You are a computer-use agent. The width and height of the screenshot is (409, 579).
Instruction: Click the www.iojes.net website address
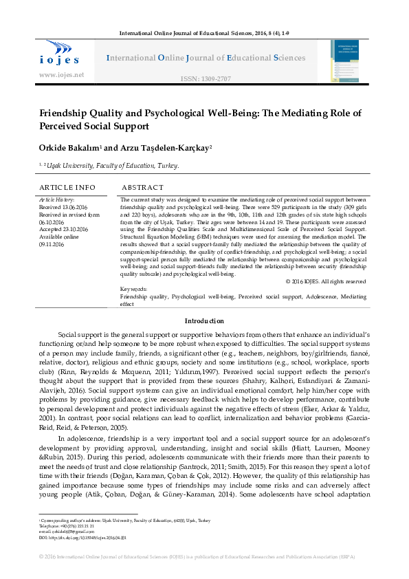click(62, 74)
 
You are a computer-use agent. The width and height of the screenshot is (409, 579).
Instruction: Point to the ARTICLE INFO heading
click(67, 187)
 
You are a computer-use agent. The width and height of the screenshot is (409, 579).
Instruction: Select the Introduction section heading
click(204, 321)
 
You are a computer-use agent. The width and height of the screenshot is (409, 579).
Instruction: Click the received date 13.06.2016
click(74, 206)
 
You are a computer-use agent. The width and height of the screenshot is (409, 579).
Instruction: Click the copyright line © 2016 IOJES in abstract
click(325, 281)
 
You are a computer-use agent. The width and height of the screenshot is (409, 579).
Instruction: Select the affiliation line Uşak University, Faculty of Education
click(111, 166)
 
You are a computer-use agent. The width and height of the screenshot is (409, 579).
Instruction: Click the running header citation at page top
click(204, 32)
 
